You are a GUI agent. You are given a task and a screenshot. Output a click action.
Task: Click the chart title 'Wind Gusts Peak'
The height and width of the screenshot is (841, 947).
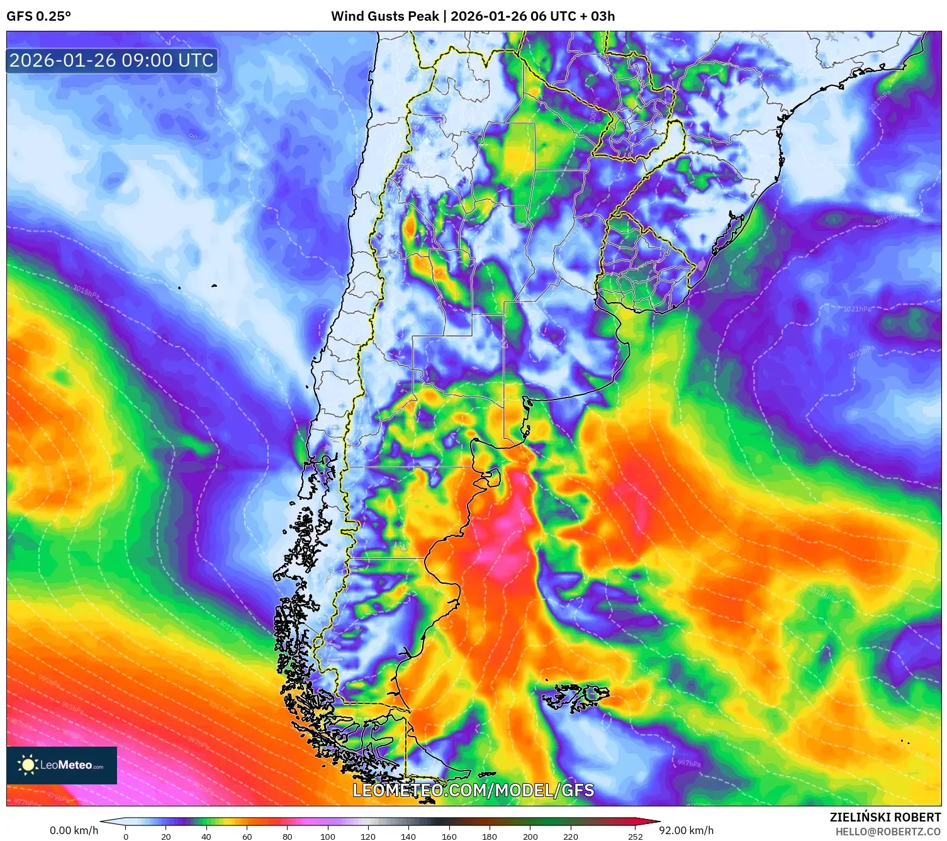point(385,16)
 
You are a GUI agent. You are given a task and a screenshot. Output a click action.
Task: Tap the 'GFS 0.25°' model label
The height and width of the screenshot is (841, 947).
point(38,16)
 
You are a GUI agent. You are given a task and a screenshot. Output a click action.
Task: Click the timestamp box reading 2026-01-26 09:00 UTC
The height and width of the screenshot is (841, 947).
point(112,61)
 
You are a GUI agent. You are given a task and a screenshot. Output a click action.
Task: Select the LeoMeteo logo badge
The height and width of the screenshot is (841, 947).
point(62,765)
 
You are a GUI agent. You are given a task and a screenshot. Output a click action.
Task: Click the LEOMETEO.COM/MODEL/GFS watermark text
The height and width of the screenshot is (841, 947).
point(473,790)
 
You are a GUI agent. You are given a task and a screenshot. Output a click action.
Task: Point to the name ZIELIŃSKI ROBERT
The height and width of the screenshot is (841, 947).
point(885,817)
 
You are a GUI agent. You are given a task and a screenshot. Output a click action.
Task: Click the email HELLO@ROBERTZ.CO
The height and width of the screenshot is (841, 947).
point(888,832)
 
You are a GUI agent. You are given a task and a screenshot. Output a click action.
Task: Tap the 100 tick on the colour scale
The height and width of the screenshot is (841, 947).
point(328,837)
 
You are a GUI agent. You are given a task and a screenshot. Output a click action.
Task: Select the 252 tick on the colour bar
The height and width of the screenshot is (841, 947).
point(636,837)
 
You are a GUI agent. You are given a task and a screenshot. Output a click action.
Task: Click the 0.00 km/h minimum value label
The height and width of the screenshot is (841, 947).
point(74,830)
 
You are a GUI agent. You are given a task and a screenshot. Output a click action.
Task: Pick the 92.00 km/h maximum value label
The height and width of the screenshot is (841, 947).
point(686,830)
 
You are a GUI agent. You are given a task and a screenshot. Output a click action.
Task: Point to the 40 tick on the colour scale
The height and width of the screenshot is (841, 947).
point(206,837)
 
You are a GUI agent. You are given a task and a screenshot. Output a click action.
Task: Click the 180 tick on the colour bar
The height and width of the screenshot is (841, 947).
point(490,837)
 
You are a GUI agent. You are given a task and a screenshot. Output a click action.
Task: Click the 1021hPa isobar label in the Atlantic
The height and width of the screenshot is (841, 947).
point(857,309)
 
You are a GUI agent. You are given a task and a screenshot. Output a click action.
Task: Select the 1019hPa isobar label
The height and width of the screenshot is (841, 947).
point(889,219)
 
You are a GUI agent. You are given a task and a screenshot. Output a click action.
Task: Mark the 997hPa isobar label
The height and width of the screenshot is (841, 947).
point(689,764)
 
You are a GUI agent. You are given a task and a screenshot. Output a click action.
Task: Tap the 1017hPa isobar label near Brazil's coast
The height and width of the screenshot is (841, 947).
point(880,101)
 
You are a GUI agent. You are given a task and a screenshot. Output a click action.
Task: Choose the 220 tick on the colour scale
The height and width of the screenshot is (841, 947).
point(571,837)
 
